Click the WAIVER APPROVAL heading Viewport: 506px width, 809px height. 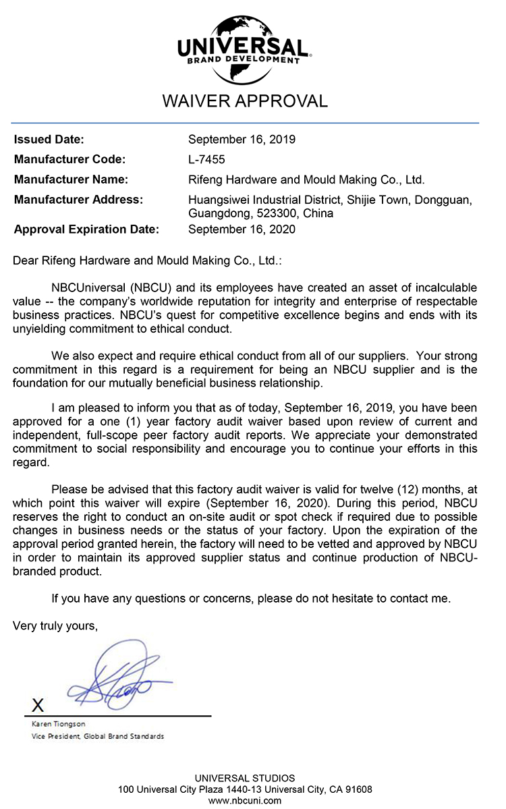pyautogui.click(x=244, y=101)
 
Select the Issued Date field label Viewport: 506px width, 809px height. pyautogui.click(x=49, y=140)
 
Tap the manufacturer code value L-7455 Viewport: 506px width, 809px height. pyautogui.click(x=206, y=160)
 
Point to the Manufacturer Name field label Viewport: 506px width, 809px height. pyautogui.click(x=71, y=180)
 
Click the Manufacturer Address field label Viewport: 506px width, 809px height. pyautogui.click(x=78, y=200)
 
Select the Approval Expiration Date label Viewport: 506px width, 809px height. pyautogui.click(x=86, y=229)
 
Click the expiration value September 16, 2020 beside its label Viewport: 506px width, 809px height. pyautogui.click(x=242, y=229)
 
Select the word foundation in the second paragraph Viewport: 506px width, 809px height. pyautogui.click(x=40, y=384)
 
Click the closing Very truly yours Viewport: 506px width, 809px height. pyautogui.click(x=55, y=626)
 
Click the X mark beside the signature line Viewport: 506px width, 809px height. pyautogui.click(x=38, y=706)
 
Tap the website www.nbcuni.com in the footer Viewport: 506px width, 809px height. pyautogui.click(x=244, y=800)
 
